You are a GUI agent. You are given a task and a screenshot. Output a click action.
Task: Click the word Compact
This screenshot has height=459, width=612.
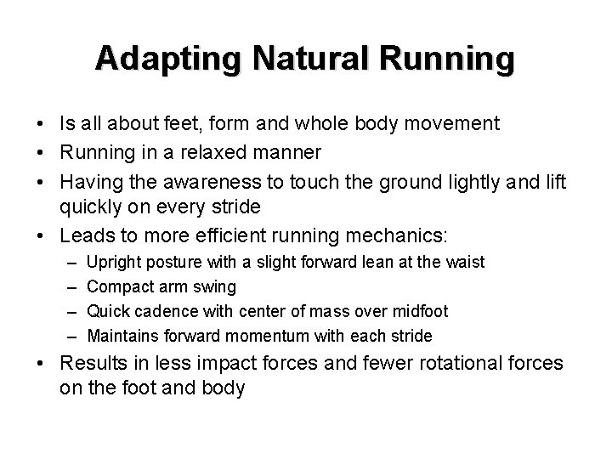pos(117,287)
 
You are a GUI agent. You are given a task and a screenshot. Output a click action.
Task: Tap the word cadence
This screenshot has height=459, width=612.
pos(169,311)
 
